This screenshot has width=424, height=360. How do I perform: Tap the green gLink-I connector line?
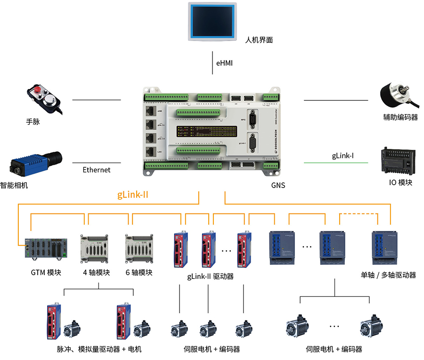[x=335, y=163]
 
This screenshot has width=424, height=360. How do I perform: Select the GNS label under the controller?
[x=278, y=185]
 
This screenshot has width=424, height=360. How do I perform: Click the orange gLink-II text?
[x=133, y=194]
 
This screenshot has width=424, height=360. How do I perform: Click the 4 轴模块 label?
[x=97, y=272]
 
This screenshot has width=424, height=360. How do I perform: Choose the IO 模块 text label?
[x=400, y=182]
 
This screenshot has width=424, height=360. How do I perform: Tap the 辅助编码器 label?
[x=400, y=117]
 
